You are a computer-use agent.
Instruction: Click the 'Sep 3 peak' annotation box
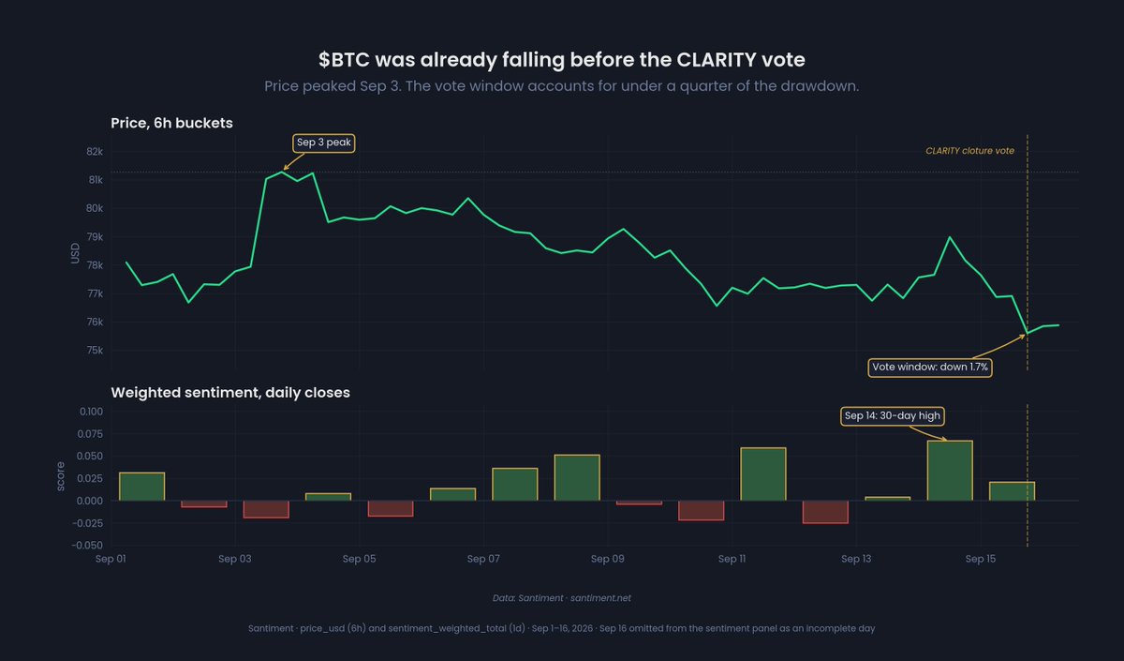tap(324, 143)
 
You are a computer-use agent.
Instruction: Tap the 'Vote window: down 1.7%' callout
tap(930, 368)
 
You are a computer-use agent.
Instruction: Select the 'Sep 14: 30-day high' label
tap(892, 416)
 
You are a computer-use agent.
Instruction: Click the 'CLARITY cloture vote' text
tap(969, 151)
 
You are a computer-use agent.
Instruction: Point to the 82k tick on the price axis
tap(95, 152)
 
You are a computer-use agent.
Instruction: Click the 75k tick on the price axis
tap(95, 350)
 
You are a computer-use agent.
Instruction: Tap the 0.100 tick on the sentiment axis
tap(91, 412)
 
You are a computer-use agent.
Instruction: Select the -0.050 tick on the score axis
tap(87, 545)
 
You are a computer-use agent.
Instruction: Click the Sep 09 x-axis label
tap(607, 559)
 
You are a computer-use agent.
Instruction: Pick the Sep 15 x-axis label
tap(981, 559)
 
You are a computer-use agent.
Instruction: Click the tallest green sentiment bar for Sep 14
tap(950, 471)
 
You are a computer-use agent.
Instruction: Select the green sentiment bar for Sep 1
tap(142, 487)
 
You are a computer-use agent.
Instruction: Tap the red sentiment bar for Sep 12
tap(825, 512)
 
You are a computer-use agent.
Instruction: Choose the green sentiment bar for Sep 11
tap(763, 474)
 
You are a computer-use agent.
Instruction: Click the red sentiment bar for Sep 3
tap(266, 509)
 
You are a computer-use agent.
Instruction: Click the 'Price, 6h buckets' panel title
tap(171, 123)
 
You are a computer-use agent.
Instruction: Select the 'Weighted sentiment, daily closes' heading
tap(230, 392)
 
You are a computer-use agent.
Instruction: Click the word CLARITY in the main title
tap(716, 60)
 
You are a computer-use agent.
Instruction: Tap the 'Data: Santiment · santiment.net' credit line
tap(561, 598)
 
